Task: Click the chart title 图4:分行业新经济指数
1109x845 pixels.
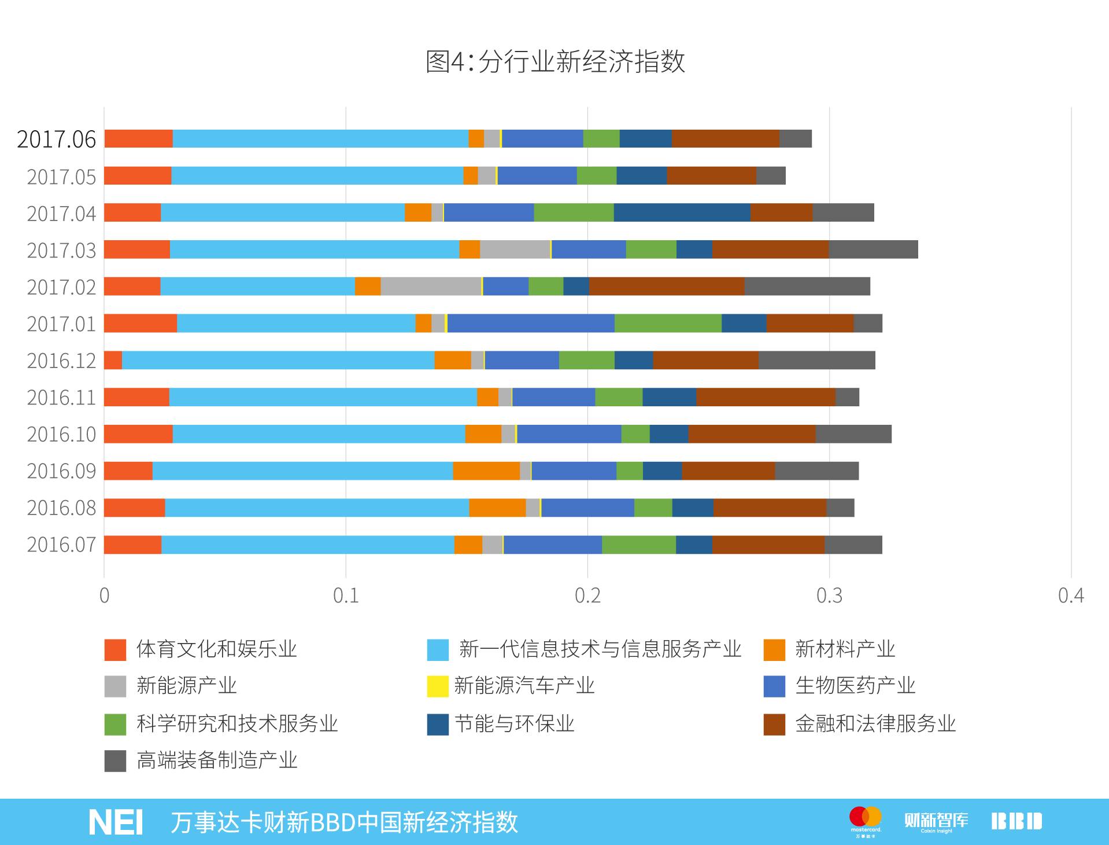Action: (x=555, y=61)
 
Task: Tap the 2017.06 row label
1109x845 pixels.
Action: (x=57, y=139)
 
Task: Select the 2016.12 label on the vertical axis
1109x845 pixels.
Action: (x=61, y=361)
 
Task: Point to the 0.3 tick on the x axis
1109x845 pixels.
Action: (x=829, y=596)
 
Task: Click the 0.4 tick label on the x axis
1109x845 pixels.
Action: (x=1071, y=596)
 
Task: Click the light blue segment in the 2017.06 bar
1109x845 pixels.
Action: (x=320, y=139)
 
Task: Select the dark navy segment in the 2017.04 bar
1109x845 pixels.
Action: (x=682, y=212)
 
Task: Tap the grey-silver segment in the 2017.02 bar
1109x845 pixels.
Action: (x=431, y=286)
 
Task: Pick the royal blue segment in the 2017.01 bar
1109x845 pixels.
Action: (x=531, y=323)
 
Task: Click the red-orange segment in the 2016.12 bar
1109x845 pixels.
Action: (x=113, y=360)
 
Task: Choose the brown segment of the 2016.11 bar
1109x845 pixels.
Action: (x=766, y=397)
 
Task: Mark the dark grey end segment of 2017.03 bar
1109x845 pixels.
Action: (x=873, y=249)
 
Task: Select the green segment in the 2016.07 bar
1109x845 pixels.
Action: (x=639, y=545)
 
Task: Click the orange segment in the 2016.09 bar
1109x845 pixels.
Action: (x=486, y=471)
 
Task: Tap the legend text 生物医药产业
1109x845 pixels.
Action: (x=855, y=686)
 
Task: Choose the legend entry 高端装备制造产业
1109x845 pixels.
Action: (x=217, y=760)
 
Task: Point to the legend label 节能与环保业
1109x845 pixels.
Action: (x=515, y=723)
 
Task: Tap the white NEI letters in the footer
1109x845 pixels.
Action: (x=116, y=822)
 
